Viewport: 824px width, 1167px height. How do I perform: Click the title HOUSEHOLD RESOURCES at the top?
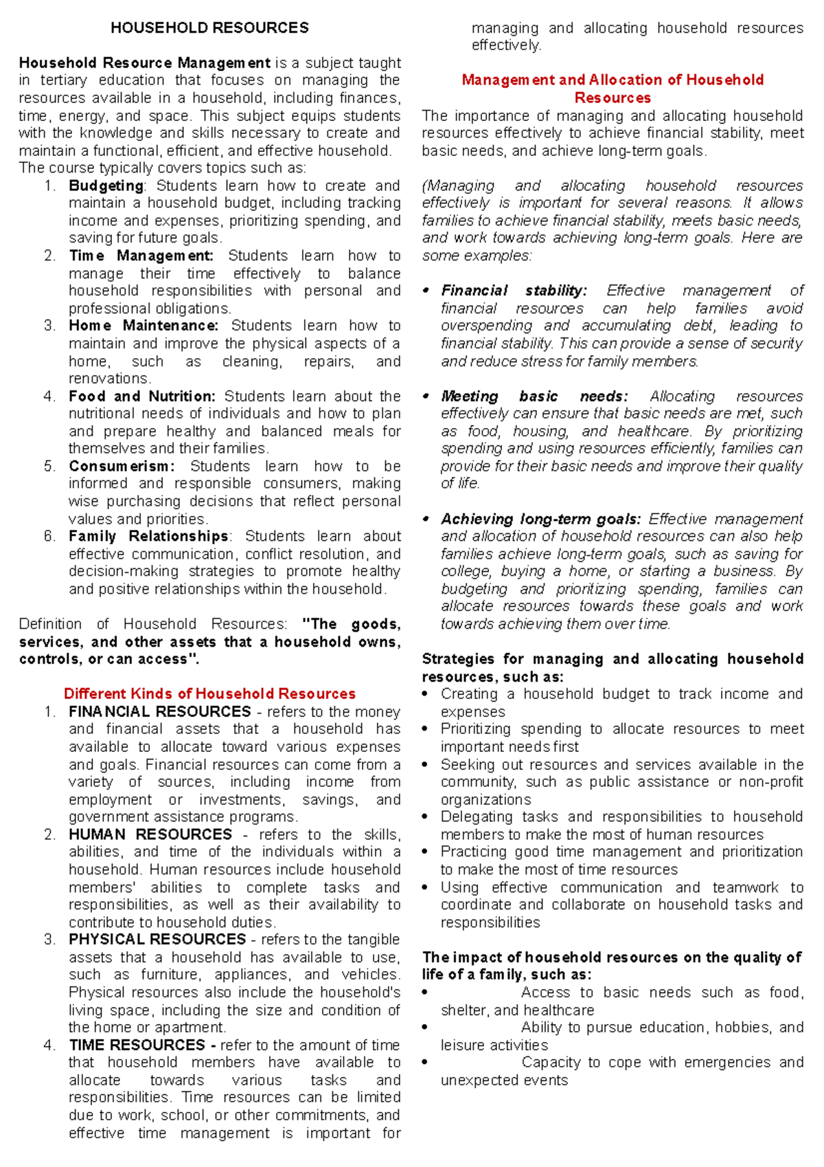click(x=209, y=28)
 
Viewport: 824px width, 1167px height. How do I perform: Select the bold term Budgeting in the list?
click(x=106, y=186)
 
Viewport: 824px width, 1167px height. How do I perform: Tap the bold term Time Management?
click(x=141, y=256)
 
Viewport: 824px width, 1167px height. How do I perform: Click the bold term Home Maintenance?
click(x=143, y=326)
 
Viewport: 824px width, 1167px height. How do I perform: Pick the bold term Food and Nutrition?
click(x=141, y=397)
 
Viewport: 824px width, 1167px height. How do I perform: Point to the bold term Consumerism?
click(x=122, y=466)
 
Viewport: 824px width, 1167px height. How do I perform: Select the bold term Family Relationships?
click(x=148, y=536)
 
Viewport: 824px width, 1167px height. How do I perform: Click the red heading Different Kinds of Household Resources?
click(x=209, y=693)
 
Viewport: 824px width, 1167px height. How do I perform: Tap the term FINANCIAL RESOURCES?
click(x=159, y=711)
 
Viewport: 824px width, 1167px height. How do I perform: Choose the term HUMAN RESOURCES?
click(x=150, y=834)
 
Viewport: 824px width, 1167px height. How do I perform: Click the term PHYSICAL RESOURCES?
click(x=157, y=940)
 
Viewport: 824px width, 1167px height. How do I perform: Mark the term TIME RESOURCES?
click(x=137, y=1045)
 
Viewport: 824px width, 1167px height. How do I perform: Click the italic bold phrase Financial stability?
click(x=514, y=291)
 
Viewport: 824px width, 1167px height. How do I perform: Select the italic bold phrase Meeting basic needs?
click(x=534, y=397)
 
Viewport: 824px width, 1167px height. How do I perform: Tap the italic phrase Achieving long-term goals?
click(x=540, y=519)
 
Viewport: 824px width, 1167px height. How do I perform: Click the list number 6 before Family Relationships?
click(x=49, y=536)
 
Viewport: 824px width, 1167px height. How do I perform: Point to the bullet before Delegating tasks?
click(x=426, y=816)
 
